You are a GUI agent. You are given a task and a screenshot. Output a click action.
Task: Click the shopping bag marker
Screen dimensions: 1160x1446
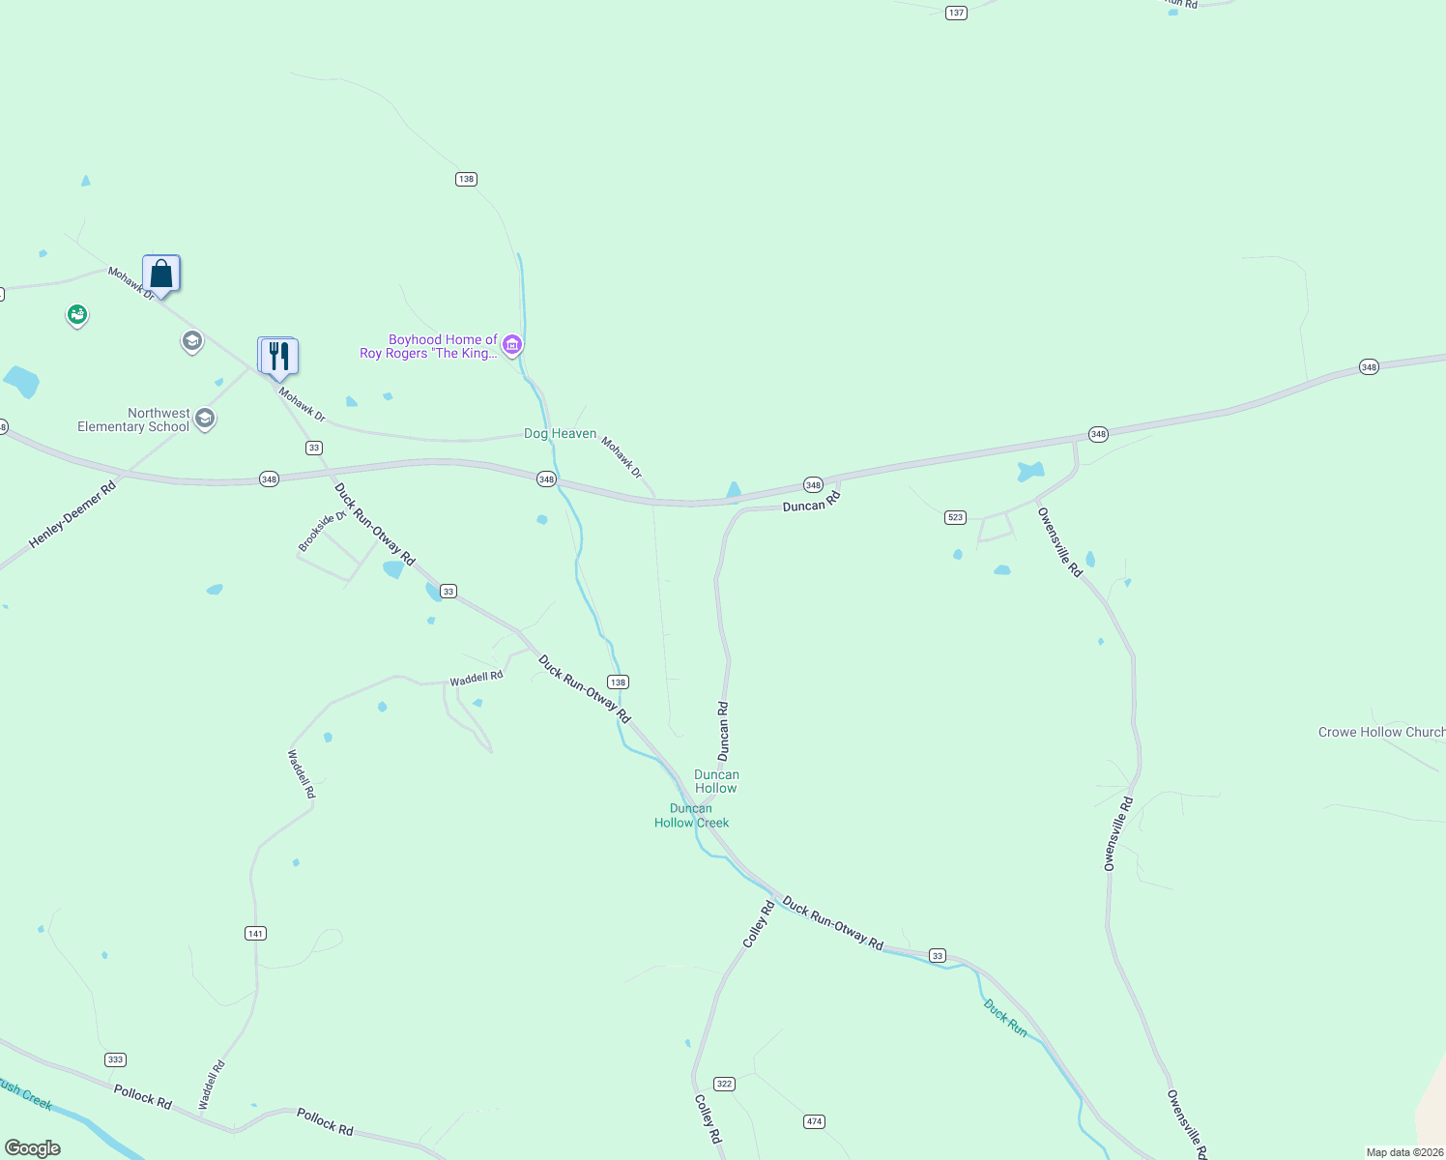pyautogui.click(x=161, y=275)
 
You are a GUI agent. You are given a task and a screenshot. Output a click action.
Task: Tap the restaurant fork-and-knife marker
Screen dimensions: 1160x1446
pyautogui.click(x=278, y=357)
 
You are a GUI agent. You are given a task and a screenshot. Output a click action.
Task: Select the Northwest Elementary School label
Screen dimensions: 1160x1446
pyautogui.click(x=133, y=420)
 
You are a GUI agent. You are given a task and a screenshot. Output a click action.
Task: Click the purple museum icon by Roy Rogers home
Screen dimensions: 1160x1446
pyautogui.click(x=512, y=345)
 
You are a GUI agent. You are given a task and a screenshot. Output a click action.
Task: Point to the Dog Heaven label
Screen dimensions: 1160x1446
pyautogui.click(x=560, y=433)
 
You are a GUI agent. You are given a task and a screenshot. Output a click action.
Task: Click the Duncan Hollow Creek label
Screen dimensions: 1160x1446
pyautogui.click(x=691, y=816)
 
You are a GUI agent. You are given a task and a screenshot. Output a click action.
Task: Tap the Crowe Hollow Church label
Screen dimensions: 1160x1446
pyautogui.click(x=1380, y=732)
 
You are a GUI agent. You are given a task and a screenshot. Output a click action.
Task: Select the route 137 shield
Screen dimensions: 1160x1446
pyautogui.click(x=956, y=13)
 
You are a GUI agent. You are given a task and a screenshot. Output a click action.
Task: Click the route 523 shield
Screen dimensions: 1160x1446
pyautogui.click(x=955, y=517)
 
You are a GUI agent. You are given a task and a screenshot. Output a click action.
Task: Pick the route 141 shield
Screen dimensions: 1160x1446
pyautogui.click(x=255, y=933)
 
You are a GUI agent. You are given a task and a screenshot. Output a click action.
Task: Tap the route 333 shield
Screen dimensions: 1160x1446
pyautogui.click(x=116, y=1059)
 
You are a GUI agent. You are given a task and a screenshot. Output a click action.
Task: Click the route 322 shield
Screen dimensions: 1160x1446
pyautogui.click(x=724, y=1084)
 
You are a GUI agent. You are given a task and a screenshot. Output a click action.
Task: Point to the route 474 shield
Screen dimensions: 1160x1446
pyautogui.click(x=814, y=1121)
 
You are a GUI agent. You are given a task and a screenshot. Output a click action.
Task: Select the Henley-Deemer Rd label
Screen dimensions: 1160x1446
pyautogui.click(x=72, y=515)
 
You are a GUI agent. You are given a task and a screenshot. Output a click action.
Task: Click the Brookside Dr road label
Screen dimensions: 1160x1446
pyautogui.click(x=322, y=532)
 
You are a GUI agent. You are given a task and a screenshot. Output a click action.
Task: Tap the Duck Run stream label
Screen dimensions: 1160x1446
pyautogui.click(x=1005, y=1018)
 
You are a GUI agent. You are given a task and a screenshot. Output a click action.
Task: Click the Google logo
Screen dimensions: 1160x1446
pyautogui.click(x=33, y=1148)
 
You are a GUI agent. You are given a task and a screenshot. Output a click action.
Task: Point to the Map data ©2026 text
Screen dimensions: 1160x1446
pyautogui.click(x=1404, y=1152)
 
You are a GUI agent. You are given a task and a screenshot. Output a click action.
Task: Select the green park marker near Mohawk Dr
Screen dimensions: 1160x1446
pyautogui.click(x=77, y=315)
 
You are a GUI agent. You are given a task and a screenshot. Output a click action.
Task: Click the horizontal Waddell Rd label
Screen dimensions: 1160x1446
pyautogui.click(x=477, y=678)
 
